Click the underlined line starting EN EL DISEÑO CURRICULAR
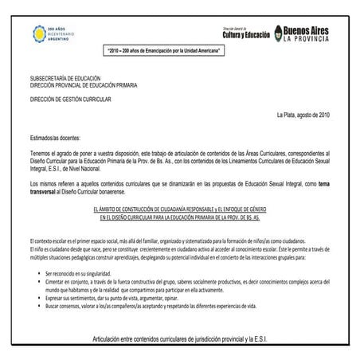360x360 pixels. [x=179, y=215]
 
